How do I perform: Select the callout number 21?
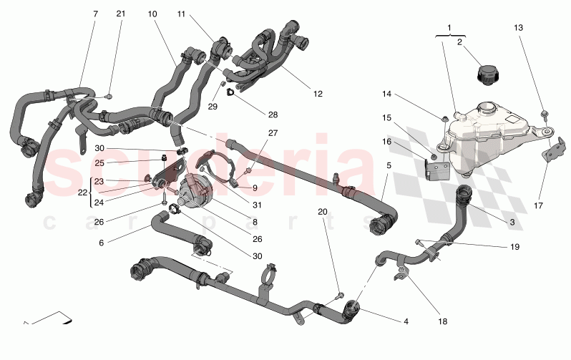point(121,14)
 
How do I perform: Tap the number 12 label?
point(318,94)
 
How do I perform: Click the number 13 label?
point(518,27)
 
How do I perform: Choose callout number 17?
point(539,205)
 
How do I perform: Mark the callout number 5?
point(389,166)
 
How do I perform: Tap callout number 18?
point(442,322)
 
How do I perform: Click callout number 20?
point(322,213)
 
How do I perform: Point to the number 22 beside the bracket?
point(82,193)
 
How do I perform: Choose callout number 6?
point(101,243)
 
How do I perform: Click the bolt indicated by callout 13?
point(545,113)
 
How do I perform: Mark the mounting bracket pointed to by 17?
point(552,150)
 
